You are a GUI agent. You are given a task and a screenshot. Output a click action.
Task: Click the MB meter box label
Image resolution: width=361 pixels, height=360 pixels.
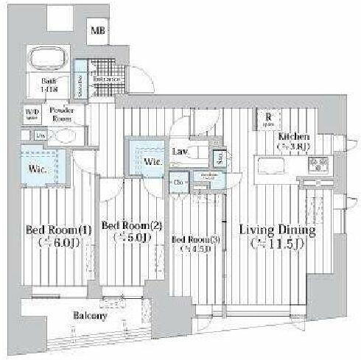[98, 31]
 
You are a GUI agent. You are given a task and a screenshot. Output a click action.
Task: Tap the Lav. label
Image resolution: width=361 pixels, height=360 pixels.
[178, 151]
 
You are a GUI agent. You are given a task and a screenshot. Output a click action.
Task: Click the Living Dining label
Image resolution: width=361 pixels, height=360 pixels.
[278, 230]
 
